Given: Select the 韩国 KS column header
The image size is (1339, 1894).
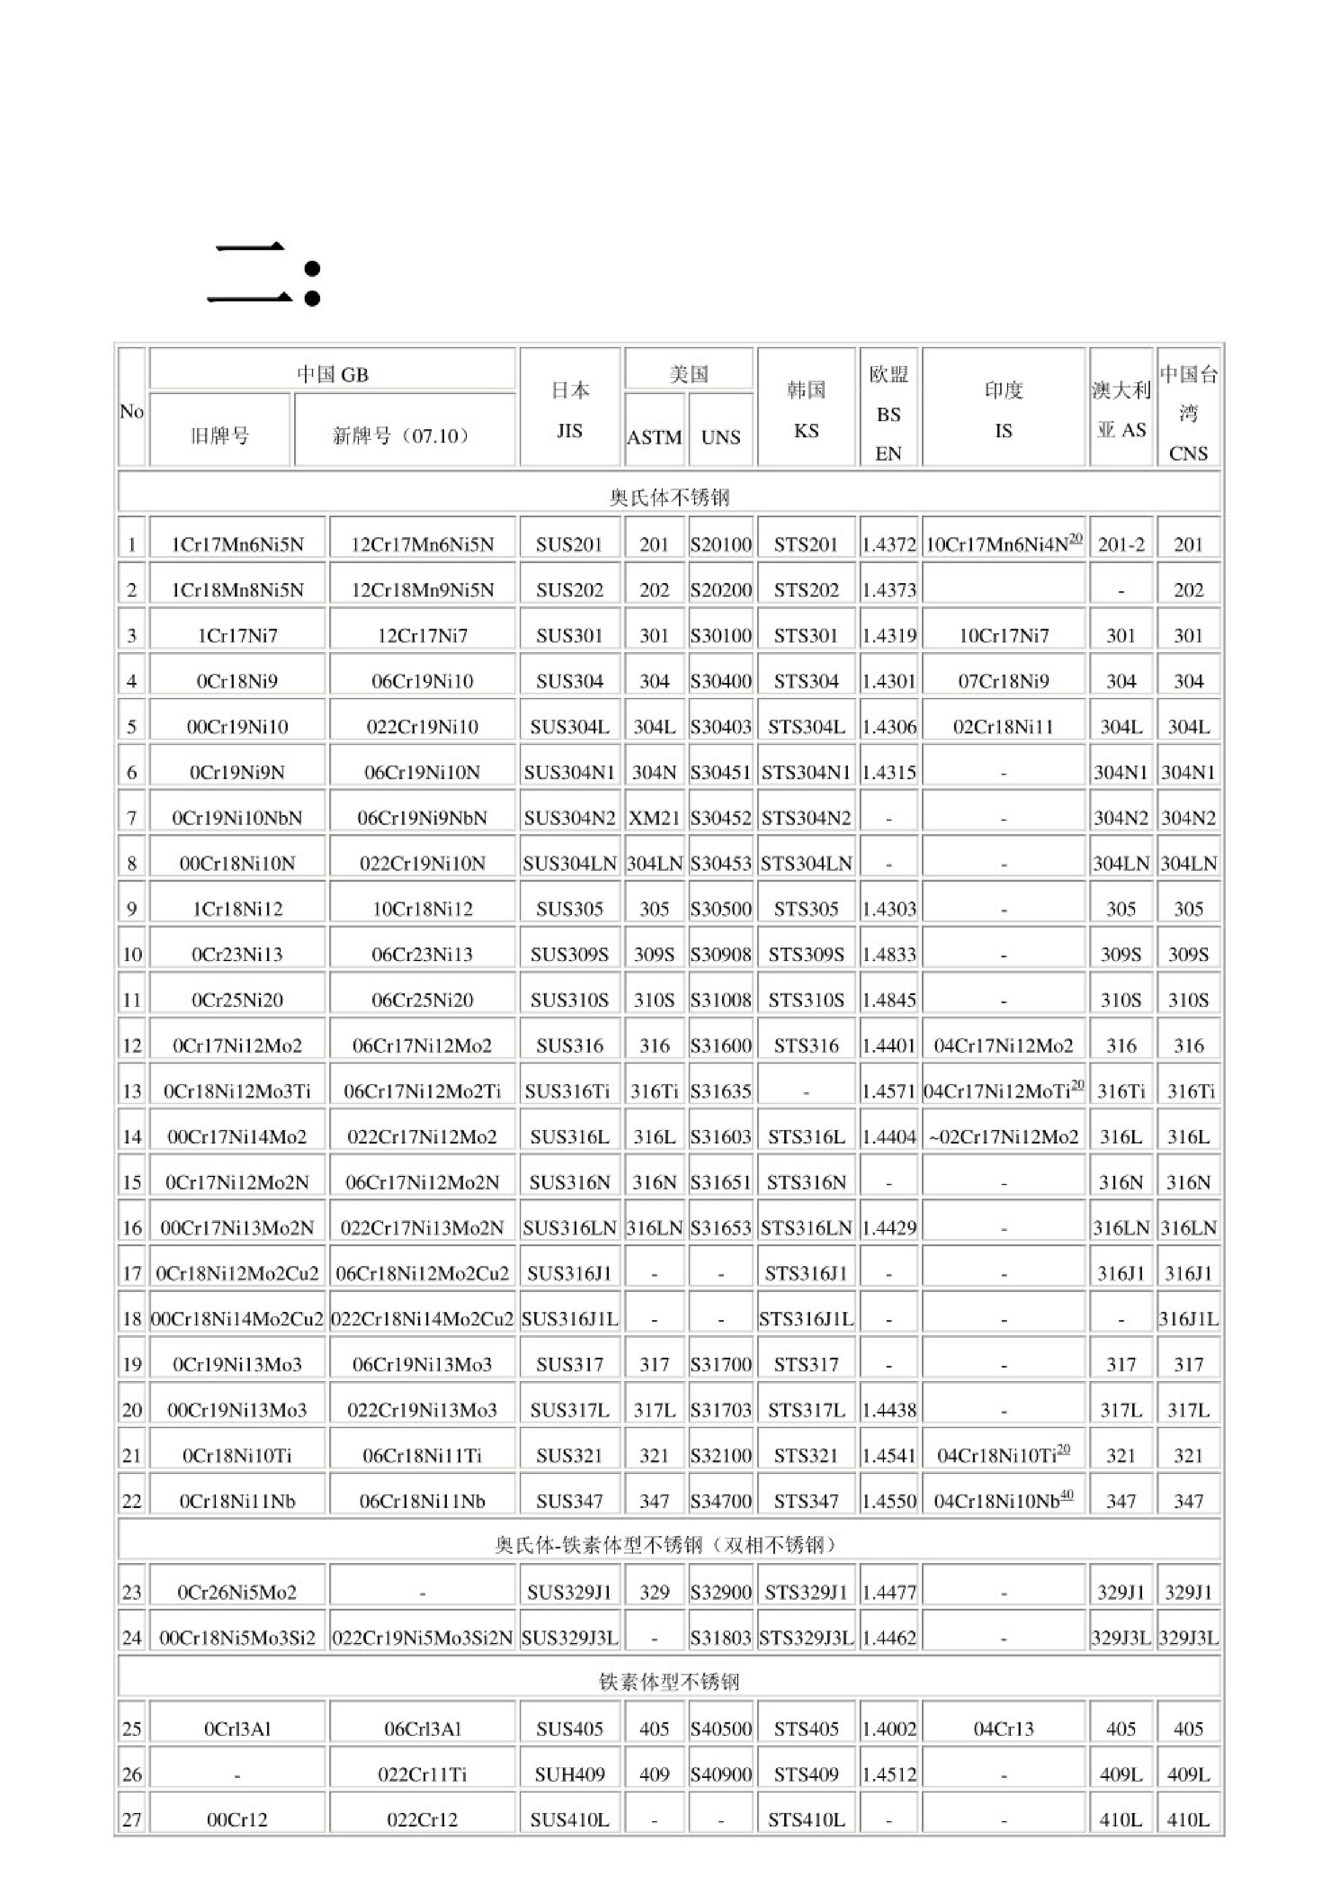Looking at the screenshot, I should tap(806, 409).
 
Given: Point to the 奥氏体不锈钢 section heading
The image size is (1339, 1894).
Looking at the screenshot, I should tap(669, 497).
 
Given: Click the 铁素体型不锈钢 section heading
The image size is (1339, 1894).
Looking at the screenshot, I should tap(669, 1681).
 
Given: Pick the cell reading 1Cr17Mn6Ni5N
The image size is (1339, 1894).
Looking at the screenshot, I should tap(237, 544).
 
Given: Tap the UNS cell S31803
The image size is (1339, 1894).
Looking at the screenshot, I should tap(721, 1638).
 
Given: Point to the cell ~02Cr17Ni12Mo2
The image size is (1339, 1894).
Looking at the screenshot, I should tap(1003, 1137).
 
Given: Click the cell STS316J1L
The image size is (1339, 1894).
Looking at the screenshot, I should tap(806, 1319).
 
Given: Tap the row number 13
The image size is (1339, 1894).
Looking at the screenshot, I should tap(132, 1091).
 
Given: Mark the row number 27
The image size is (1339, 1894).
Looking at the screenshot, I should tap(132, 1819).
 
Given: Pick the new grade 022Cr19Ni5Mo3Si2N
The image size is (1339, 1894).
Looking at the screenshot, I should tap(422, 1638).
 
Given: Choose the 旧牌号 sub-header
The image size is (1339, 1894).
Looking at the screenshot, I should tap(219, 436).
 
